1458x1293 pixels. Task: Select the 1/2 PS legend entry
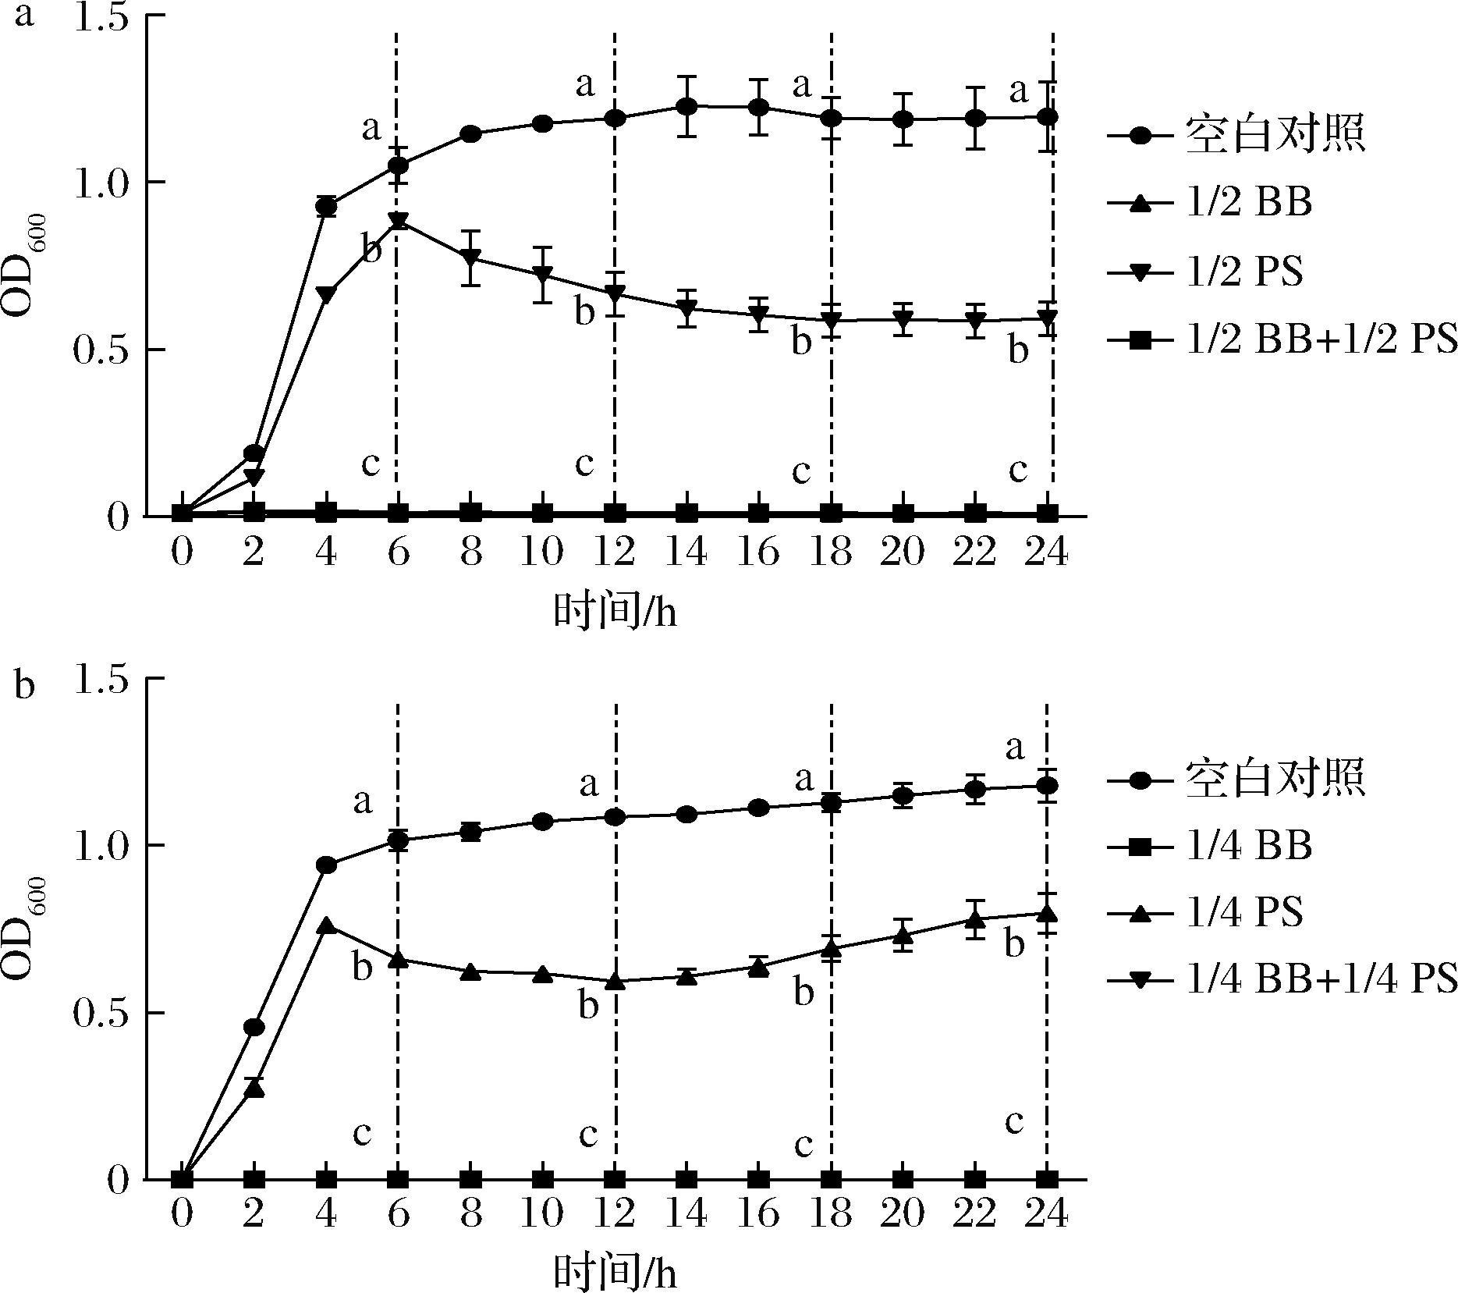coord(1243,272)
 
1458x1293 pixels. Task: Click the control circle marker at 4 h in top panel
coord(326,207)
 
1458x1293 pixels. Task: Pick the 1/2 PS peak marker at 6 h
coord(399,221)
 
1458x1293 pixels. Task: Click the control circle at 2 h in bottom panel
coord(254,1027)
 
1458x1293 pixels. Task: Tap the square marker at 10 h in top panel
coord(543,513)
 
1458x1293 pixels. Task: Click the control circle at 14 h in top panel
coord(686,105)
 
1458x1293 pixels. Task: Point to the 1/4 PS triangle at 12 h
coord(615,981)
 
